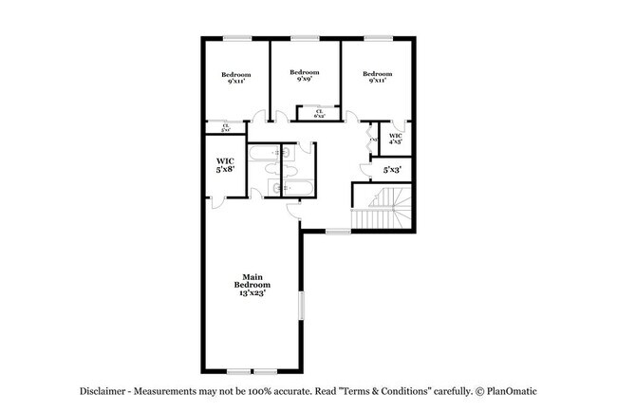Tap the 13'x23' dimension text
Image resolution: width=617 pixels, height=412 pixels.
pyautogui.click(x=253, y=293)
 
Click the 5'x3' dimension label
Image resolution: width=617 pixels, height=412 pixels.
pyautogui.click(x=392, y=170)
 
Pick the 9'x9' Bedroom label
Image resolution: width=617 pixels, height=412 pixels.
pyautogui.click(x=304, y=76)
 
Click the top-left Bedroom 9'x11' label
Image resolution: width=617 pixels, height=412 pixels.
pyautogui.click(x=236, y=78)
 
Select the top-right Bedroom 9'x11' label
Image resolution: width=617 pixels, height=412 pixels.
pyautogui.click(x=377, y=78)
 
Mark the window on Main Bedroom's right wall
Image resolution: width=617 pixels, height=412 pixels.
pyautogui.click(x=301, y=308)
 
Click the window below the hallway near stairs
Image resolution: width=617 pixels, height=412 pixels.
pyautogui.click(x=338, y=231)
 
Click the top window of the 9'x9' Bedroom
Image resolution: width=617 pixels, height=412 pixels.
pyautogui.click(x=304, y=38)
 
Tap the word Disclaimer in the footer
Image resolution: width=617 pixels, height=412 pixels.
pyautogui.click(x=103, y=391)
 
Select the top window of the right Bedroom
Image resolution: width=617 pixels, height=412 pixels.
pyautogui.click(x=378, y=38)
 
